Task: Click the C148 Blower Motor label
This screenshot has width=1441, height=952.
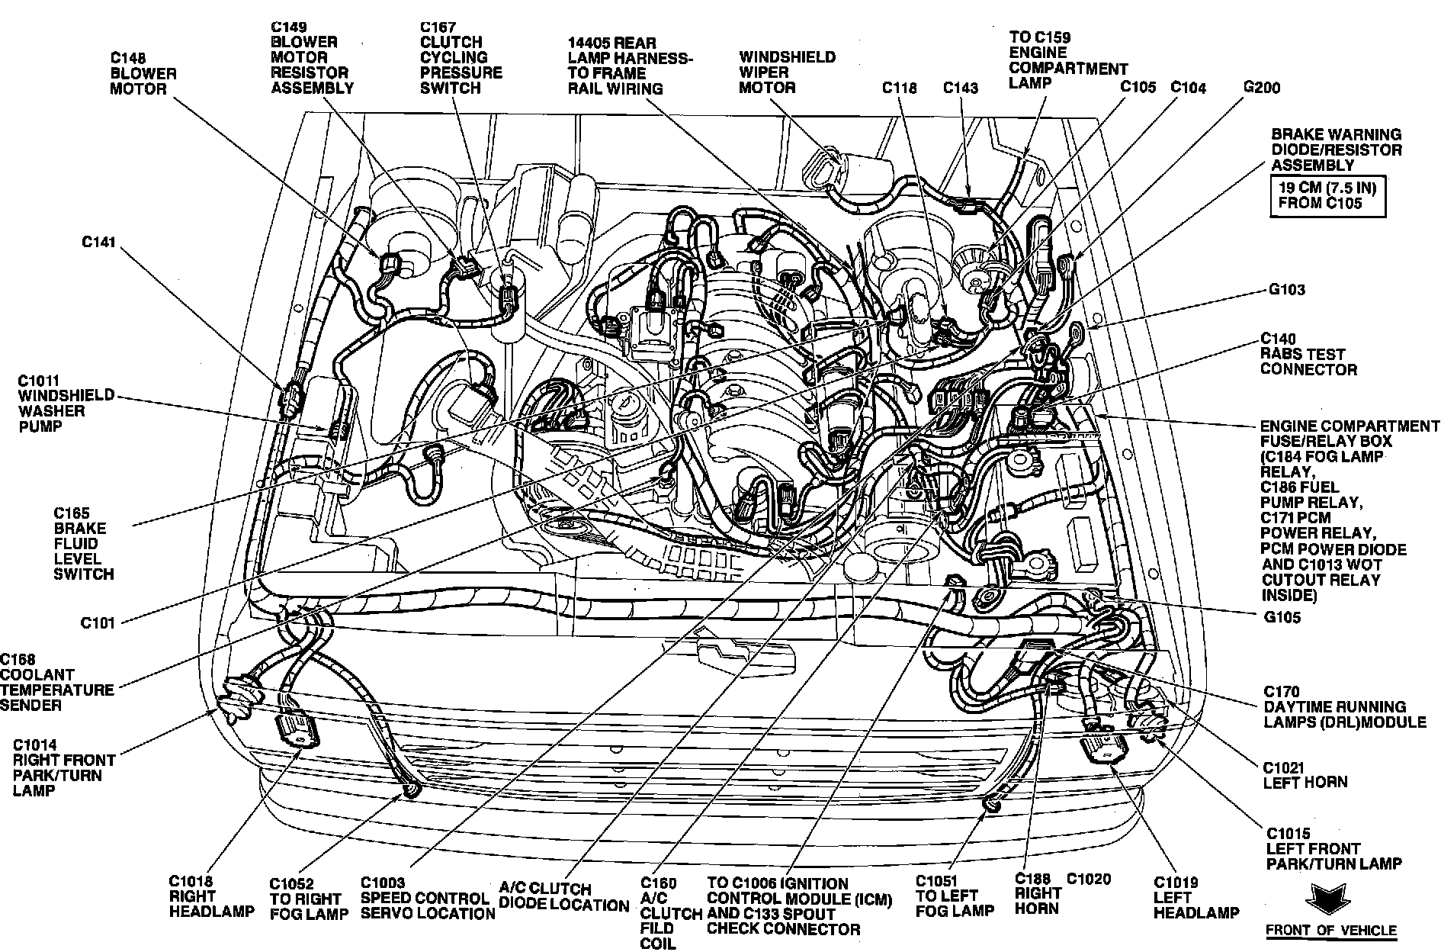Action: pyautogui.click(x=143, y=73)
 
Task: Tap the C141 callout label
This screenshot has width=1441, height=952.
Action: pyautogui.click(x=98, y=243)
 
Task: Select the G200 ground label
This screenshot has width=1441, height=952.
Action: pyautogui.click(x=1262, y=88)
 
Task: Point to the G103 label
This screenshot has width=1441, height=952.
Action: pyautogui.click(x=1287, y=289)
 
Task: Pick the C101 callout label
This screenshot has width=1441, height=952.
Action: pyautogui.click(x=98, y=623)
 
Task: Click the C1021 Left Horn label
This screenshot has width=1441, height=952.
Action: pyautogui.click(x=1305, y=774)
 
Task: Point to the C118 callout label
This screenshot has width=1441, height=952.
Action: pyautogui.click(x=900, y=88)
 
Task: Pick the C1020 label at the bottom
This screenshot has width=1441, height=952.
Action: pyautogui.click(x=1089, y=879)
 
